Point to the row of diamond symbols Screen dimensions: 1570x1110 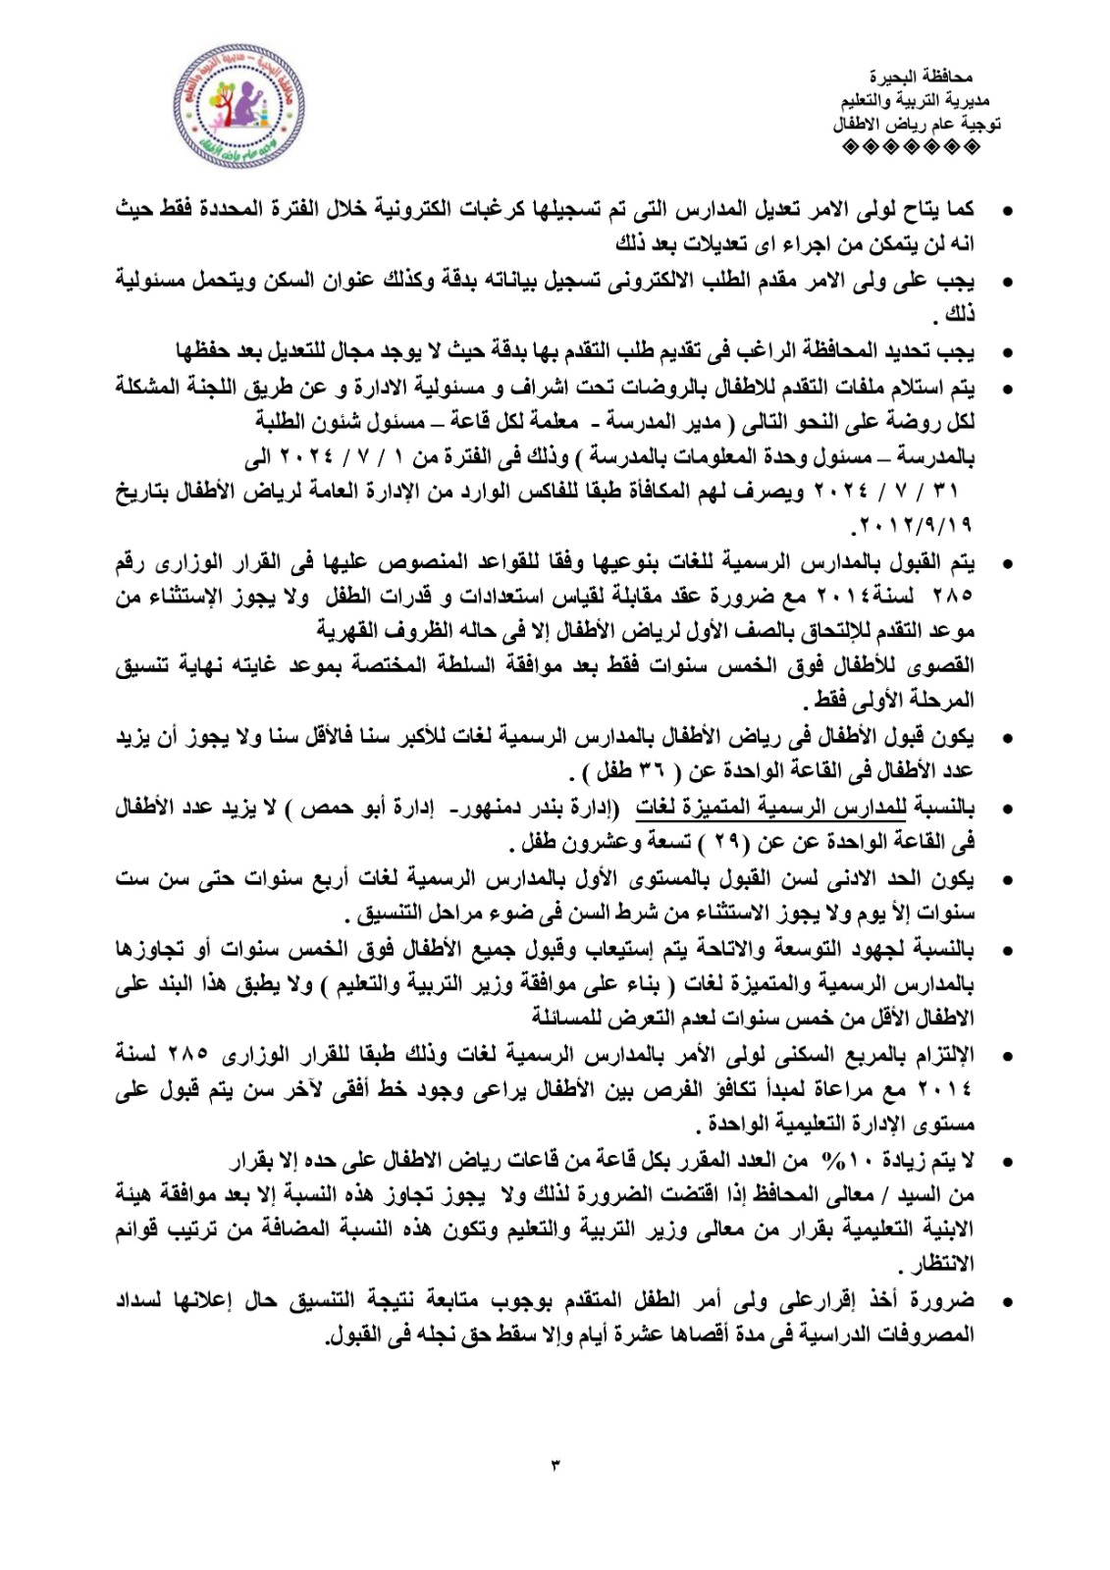pos(912,148)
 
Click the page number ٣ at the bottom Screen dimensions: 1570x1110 pos(555,1465)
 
